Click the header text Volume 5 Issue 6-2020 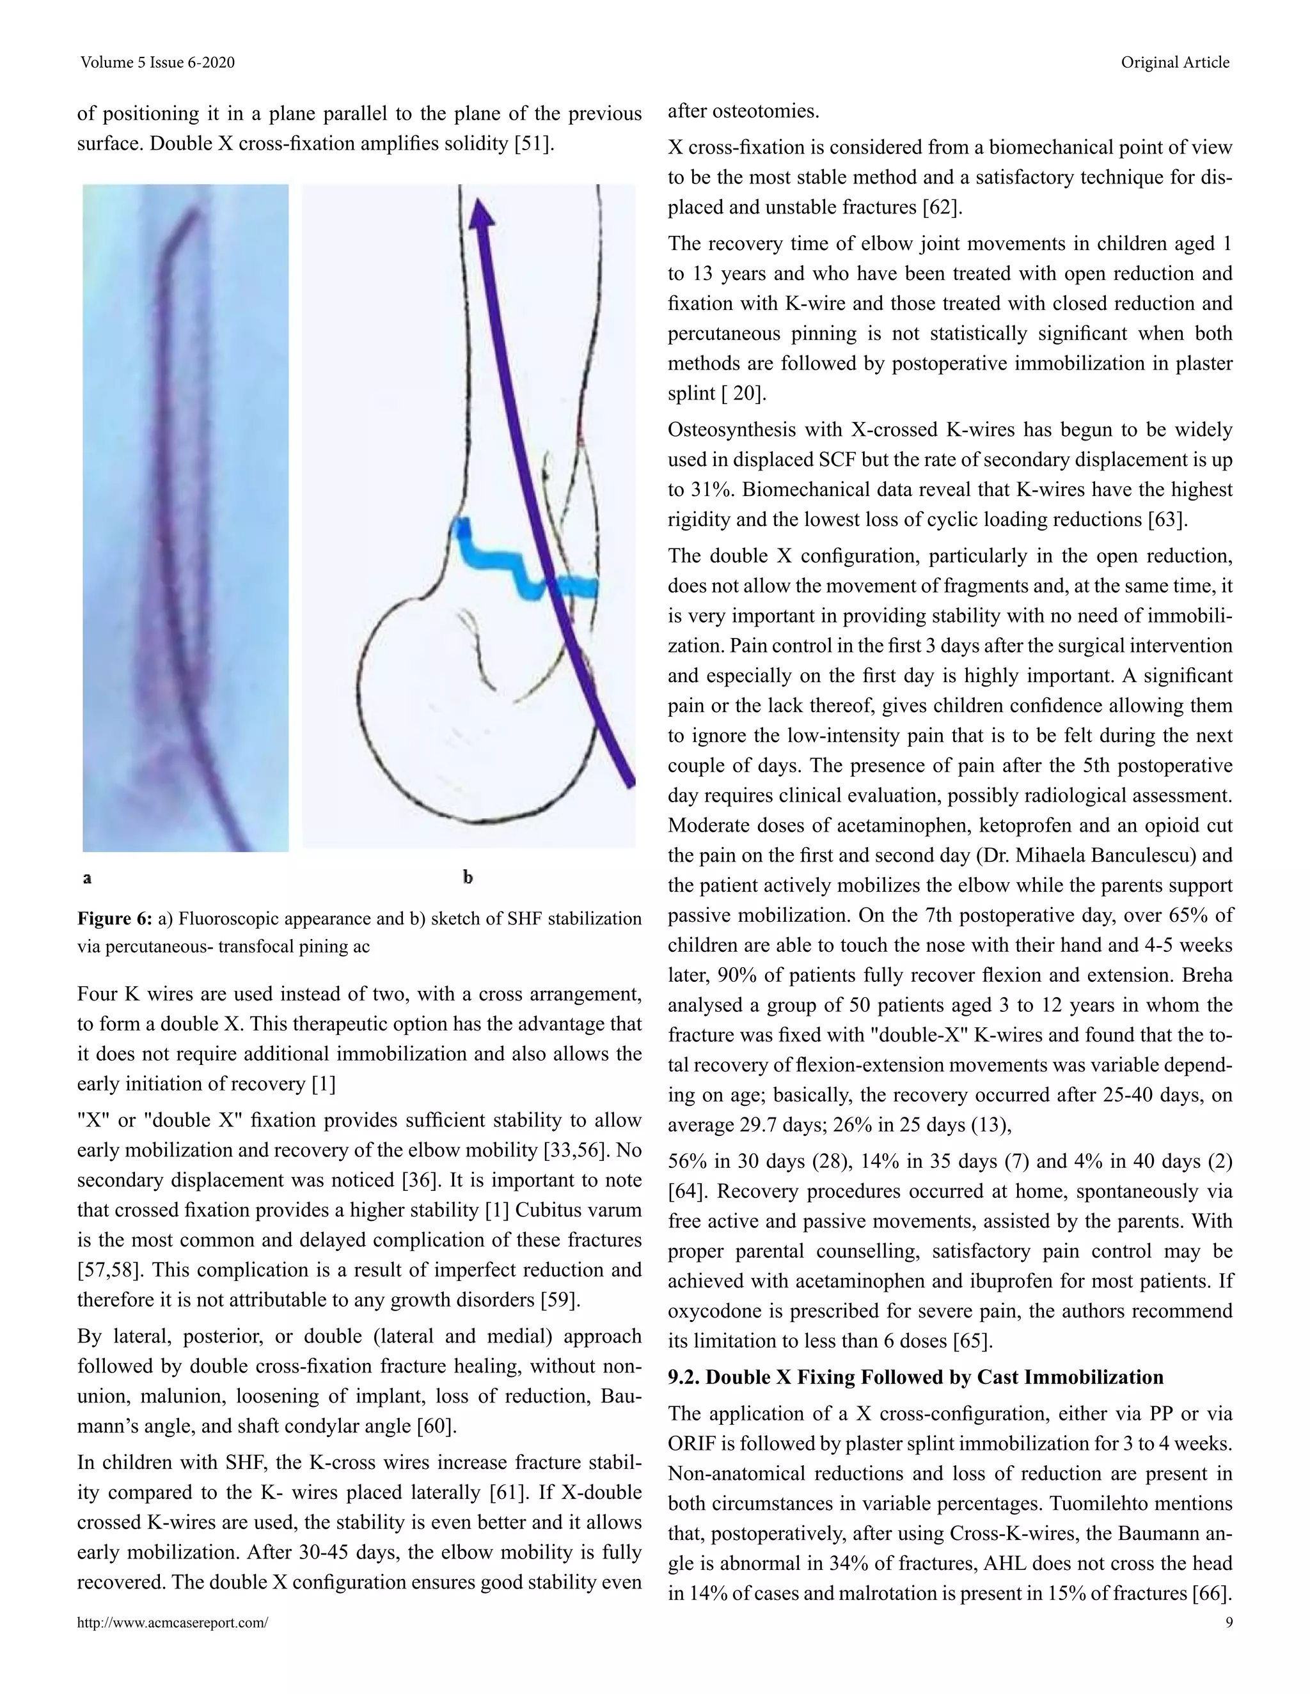click(x=157, y=63)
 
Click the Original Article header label click(x=1174, y=63)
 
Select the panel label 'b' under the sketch click(x=468, y=877)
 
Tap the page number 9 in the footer click(x=1229, y=1622)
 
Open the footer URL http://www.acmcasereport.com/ click(x=172, y=1622)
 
